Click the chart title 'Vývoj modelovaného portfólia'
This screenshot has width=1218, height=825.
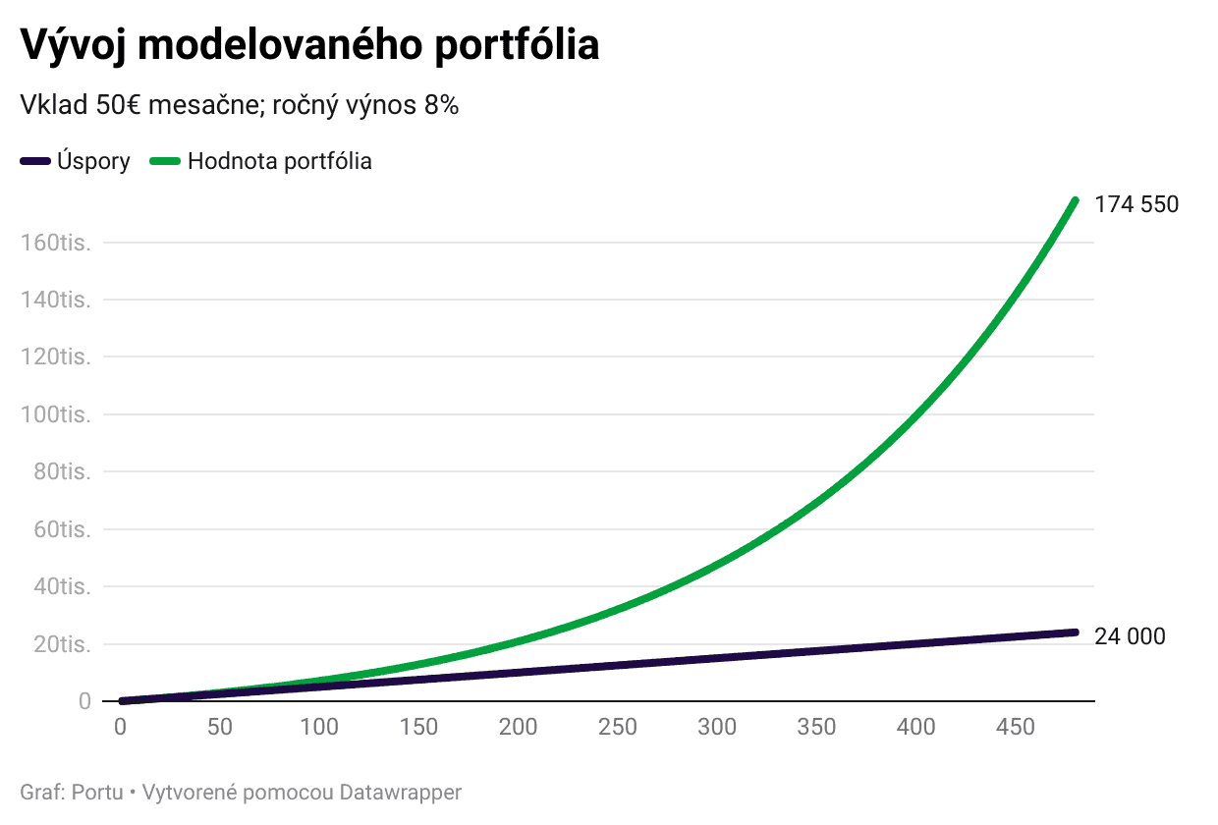click(x=309, y=45)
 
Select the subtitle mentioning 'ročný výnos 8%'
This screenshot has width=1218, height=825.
click(x=240, y=106)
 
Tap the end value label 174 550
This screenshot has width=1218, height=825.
click(x=1136, y=204)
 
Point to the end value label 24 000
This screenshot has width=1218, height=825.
click(x=1130, y=636)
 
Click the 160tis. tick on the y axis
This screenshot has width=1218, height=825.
click(x=56, y=243)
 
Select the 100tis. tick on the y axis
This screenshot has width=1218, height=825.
click(x=56, y=414)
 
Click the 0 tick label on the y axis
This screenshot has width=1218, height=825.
click(x=84, y=701)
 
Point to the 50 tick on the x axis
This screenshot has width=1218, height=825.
click(x=220, y=727)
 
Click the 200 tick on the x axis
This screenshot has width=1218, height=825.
click(x=518, y=727)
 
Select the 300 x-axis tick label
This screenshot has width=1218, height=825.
click(x=717, y=727)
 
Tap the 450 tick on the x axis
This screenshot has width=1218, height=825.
click(x=1016, y=727)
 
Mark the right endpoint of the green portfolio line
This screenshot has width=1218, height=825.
click(x=1075, y=200)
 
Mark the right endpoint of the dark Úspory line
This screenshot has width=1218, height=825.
click(x=1075, y=632)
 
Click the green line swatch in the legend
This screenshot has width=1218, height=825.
click(x=164, y=161)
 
